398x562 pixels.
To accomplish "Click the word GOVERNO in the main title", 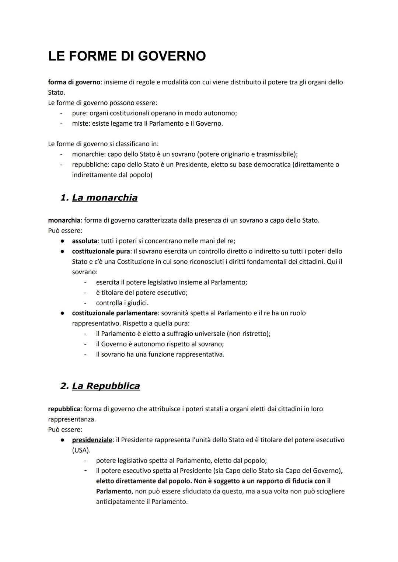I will [x=172, y=56].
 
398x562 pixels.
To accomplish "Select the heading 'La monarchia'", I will [x=105, y=198].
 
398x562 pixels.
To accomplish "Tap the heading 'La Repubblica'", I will [x=106, y=386].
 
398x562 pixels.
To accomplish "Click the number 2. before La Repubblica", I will [x=64, y=386].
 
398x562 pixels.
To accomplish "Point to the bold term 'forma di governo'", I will [x=74, y=82].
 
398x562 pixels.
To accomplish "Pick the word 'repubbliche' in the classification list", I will [x=90, y=164].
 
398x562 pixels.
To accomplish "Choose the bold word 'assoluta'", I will [x=84, y=241].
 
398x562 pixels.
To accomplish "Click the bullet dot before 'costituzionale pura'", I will [x=63, y=251].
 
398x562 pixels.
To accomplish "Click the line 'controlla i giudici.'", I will [x=122, y=303].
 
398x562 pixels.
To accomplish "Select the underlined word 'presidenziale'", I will [x=92, y=440].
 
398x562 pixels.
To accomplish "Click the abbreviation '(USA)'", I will [x=81, y=450].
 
